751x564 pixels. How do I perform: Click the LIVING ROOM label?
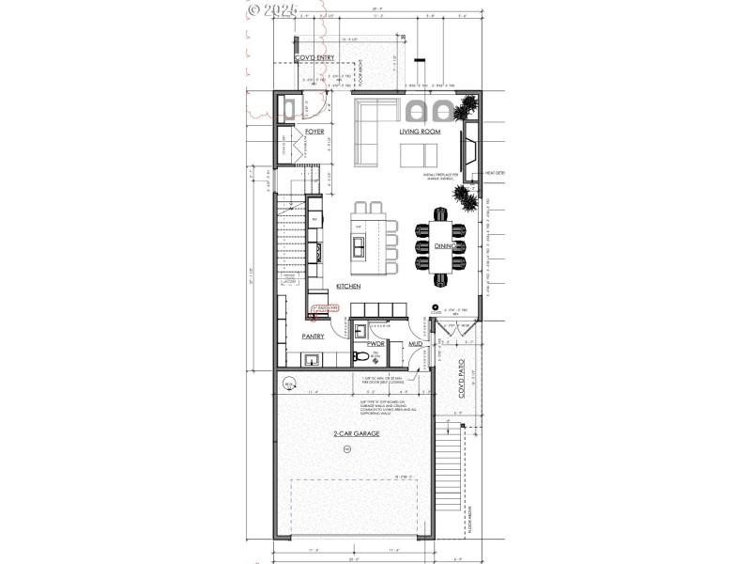(420, 133)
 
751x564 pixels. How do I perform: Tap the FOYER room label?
(314, 133)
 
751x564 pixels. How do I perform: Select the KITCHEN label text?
(349, 287)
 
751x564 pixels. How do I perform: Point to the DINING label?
(444, 246)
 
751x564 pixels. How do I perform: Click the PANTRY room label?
(314, 335)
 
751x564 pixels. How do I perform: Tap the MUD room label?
(414, 345)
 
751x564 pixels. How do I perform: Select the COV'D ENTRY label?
(314, 58)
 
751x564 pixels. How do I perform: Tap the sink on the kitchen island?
(359, 248)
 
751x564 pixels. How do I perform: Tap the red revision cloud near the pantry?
(325, 309)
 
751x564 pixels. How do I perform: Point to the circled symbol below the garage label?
(346, 450)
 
